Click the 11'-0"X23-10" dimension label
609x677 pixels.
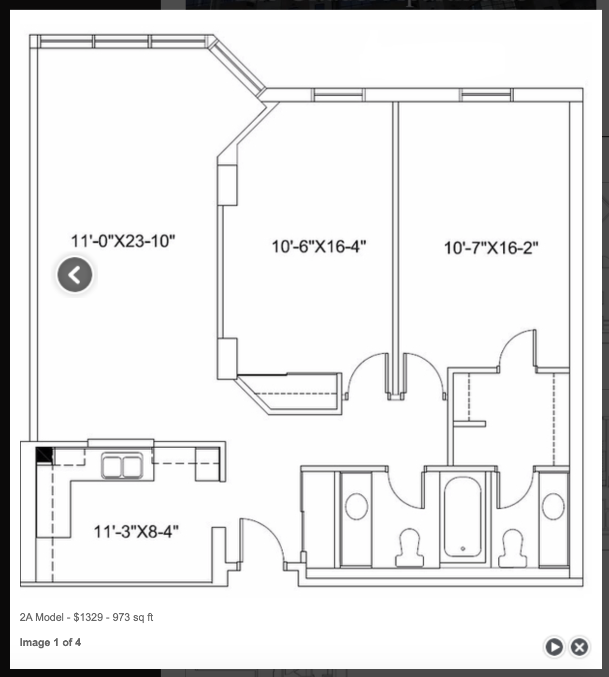(x=123, y=241)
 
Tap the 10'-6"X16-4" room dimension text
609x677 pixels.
(x=319, y=246)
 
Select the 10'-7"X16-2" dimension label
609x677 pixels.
(x=491, y=248)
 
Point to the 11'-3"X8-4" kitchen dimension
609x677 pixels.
(x=136, y=531)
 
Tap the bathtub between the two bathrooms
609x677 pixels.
(x=463, y=516)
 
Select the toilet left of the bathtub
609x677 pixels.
(x=409, y=547)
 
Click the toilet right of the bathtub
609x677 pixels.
(x=512, y=548)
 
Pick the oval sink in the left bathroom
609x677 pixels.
(x=357, y=506)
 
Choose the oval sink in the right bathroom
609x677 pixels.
(x=553, y=506)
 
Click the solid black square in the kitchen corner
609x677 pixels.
(x=44, y=455)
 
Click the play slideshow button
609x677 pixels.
(x=554, y=647)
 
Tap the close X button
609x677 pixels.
(x=580, y=647)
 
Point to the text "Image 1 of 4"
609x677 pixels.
(x=50, y=642)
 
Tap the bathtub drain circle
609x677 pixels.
(x=463, y=549)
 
